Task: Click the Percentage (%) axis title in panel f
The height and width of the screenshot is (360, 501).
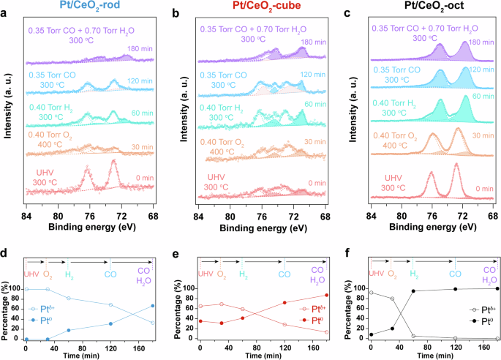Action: [x=355, y=306]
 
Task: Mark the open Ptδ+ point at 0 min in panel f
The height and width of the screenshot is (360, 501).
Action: [x=372, y=293]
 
